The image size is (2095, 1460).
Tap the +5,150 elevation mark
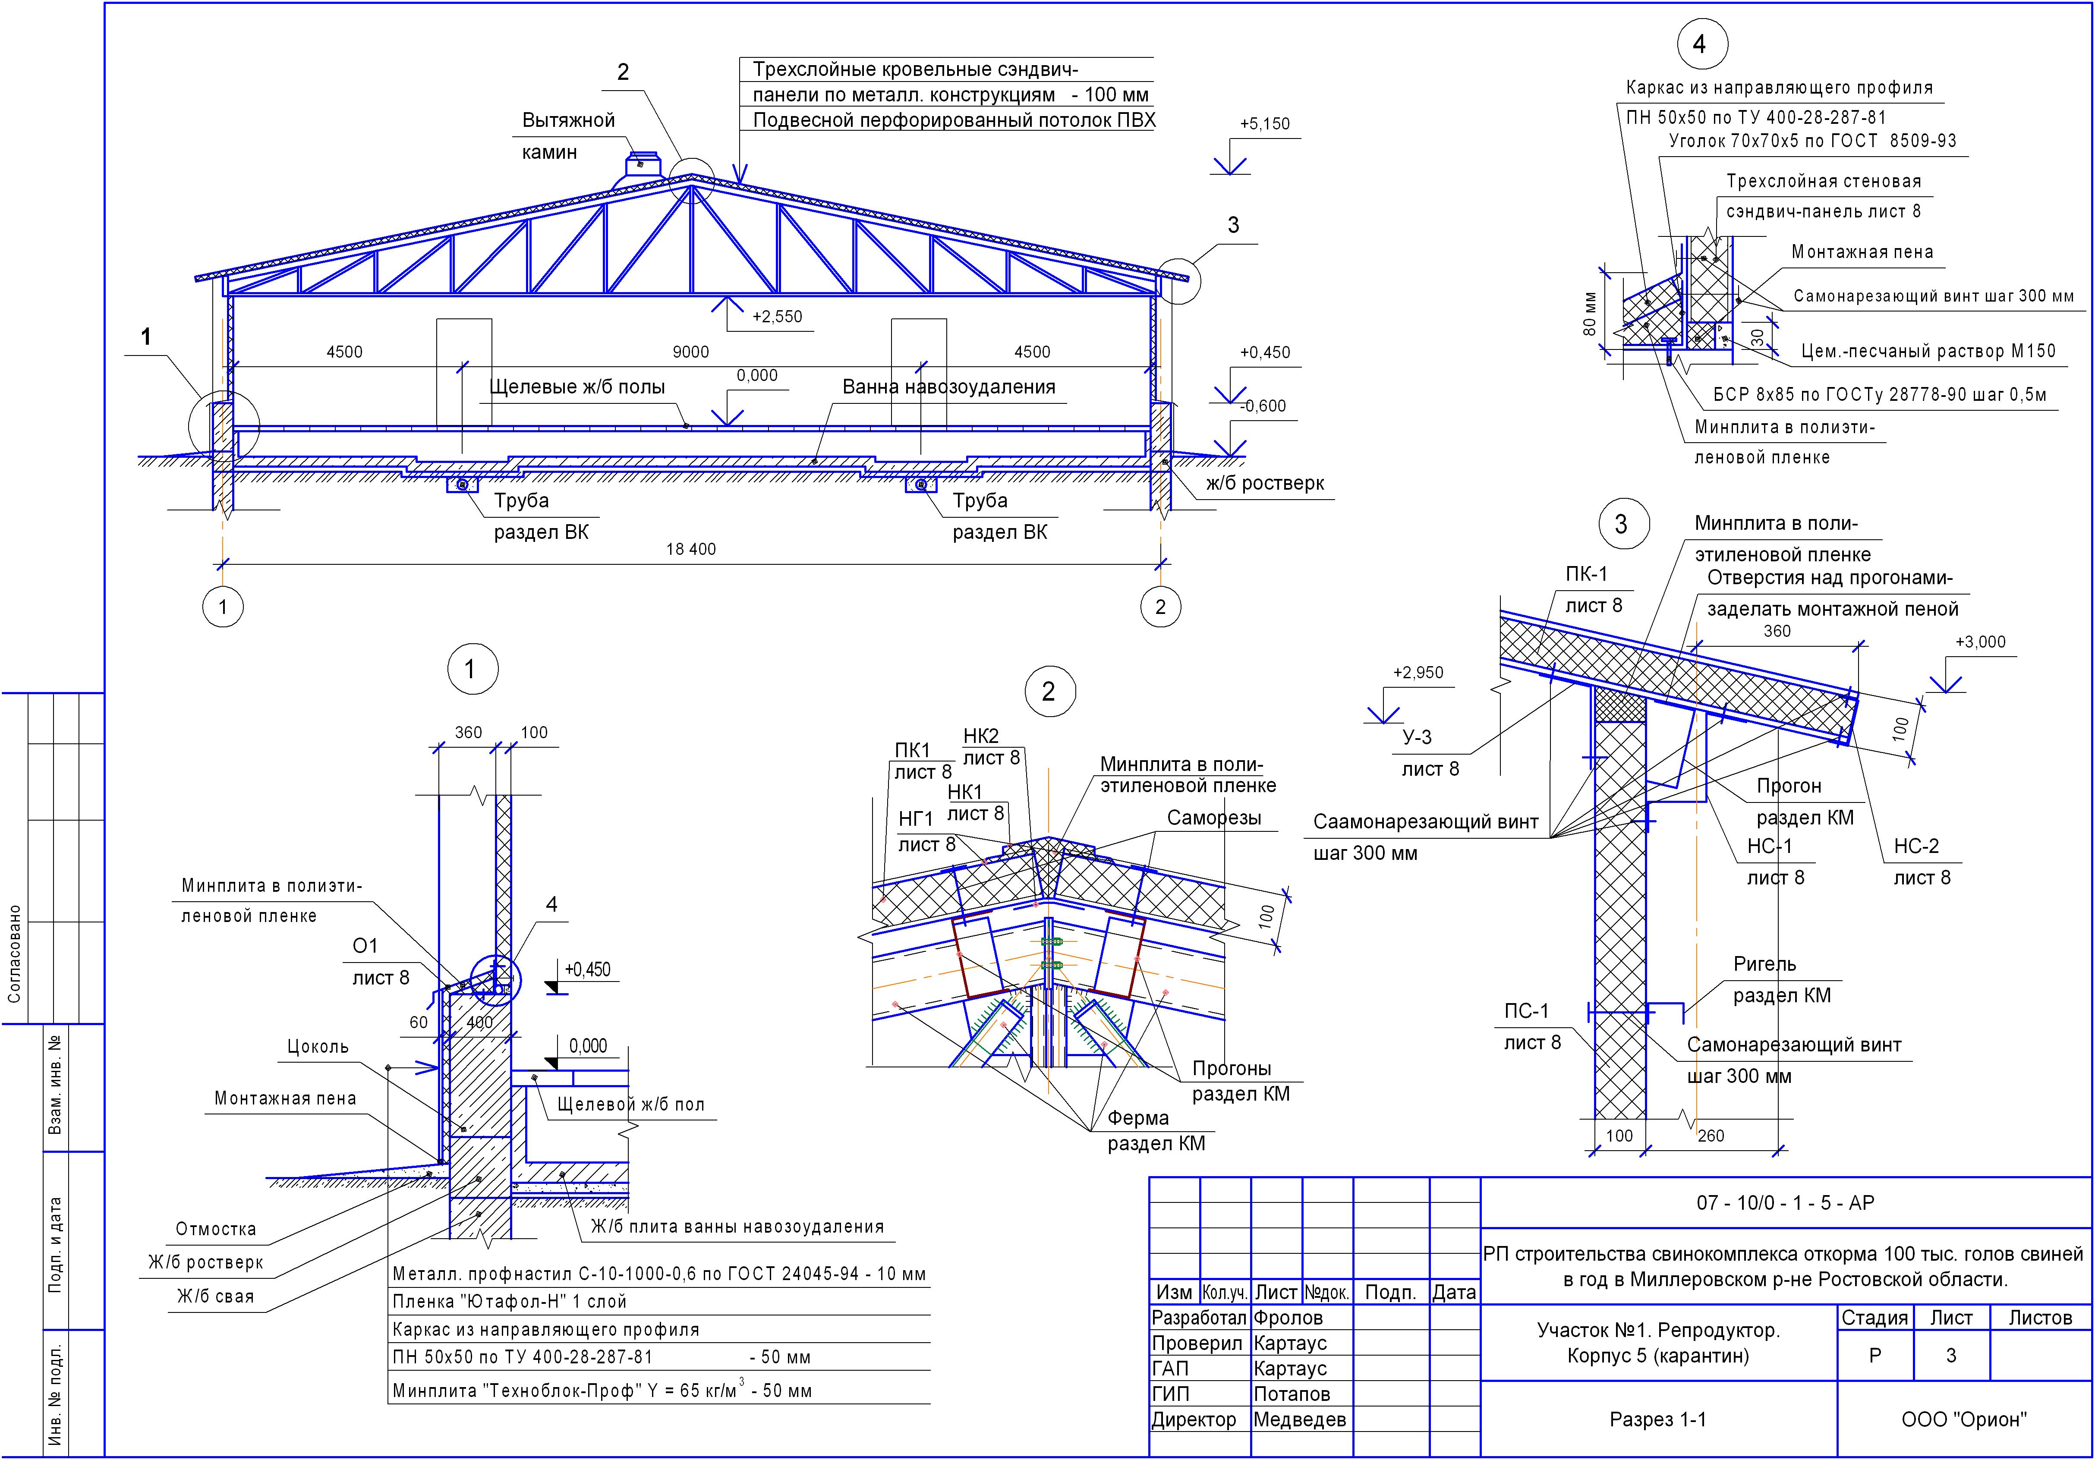click(1265, 124)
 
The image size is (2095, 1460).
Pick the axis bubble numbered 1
click(223, 607)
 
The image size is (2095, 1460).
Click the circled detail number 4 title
click(1699, 44)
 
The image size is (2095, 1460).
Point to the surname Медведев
click(1299, 1420)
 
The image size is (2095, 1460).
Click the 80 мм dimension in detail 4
click(1591, 313)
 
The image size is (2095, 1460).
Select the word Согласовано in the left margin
click(15, 953)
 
